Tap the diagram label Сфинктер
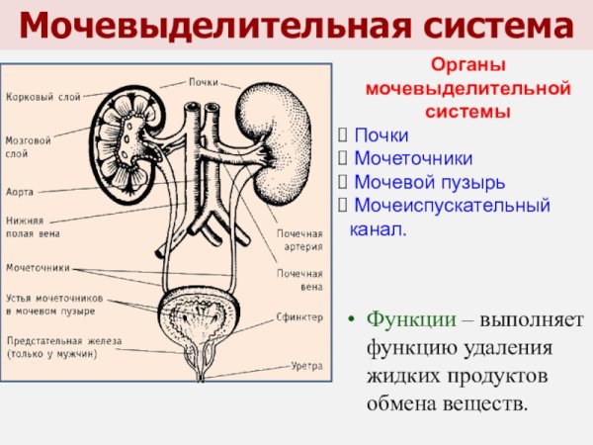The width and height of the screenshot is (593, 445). coord(299,317)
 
